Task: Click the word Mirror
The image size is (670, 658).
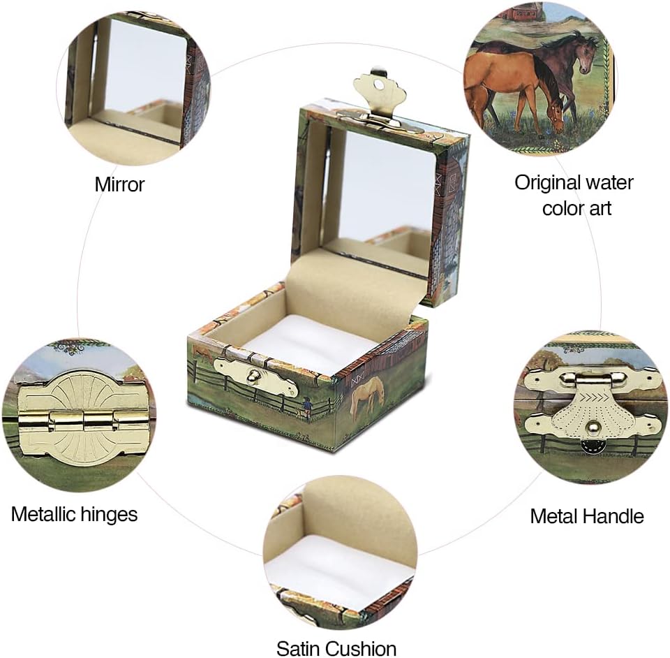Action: (119, 184)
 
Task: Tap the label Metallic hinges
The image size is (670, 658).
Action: (75, 514)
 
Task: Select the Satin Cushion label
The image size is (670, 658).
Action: (336, 648)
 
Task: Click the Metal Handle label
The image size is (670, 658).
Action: (587, 516)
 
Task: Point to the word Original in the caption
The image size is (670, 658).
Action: (546, 182)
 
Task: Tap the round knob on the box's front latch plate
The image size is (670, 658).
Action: (253, 376)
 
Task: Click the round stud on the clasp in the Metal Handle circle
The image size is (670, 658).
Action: (593, 426)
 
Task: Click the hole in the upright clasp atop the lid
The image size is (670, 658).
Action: (378, 85)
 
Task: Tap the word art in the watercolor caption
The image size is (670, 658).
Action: (598, 209)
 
